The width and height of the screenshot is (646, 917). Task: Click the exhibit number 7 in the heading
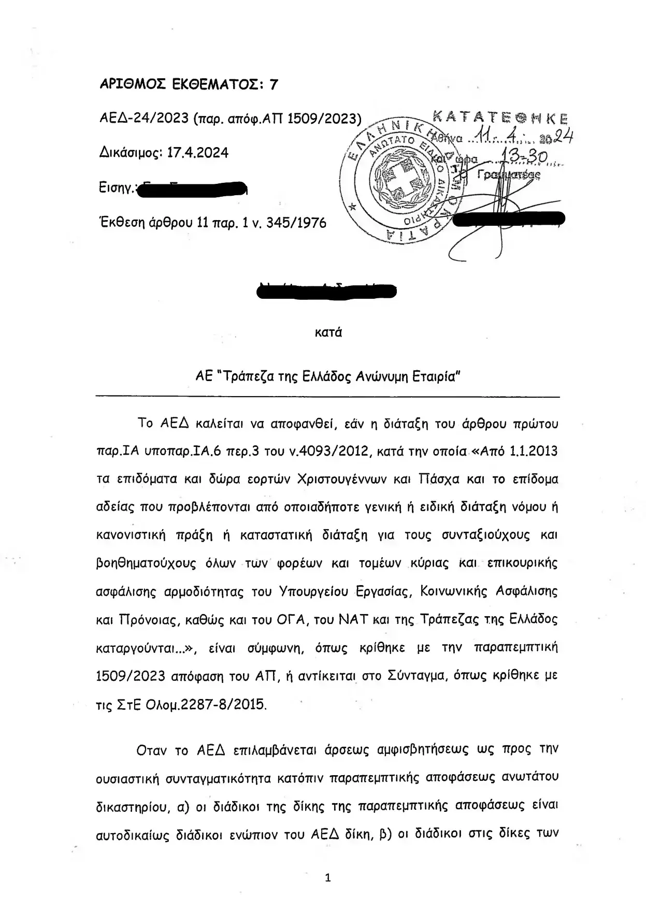coord(273,84)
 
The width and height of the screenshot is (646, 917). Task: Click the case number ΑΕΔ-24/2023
coord(144,119)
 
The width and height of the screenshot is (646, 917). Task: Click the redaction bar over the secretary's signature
coord(508,220)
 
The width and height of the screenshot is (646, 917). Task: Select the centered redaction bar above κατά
coord(327,290)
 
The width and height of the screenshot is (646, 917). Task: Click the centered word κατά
coord(328,332)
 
